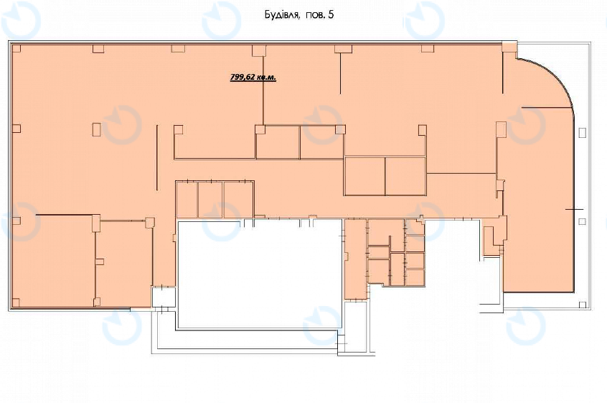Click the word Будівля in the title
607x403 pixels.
click(282, 15)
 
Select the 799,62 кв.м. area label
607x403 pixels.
click(253, 77)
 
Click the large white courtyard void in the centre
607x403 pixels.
click(259, 274)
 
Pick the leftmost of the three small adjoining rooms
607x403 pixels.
click(187, 199)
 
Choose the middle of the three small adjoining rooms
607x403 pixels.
click(210, 199)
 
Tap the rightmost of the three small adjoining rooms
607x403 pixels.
click(238, 199)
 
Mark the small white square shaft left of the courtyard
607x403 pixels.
click(163, 297)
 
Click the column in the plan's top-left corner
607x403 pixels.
click(17, 48)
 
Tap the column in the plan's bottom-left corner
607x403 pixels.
click(16, 302)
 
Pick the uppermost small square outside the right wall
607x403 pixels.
click(582, 132)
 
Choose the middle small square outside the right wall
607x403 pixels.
click(582, 221)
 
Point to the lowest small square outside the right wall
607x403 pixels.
click(582, 304)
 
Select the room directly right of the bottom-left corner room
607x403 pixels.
click(124, 264)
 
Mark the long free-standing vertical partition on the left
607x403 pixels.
click(157, 157)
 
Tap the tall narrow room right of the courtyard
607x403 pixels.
click(355, 259)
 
